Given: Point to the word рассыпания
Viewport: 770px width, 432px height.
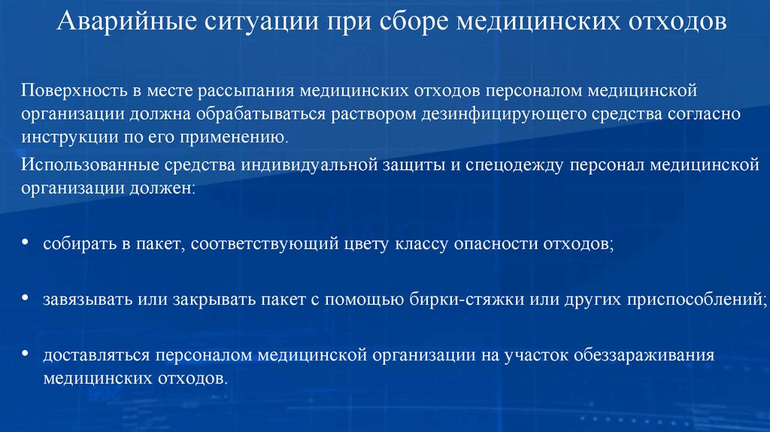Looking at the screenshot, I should point(246,91).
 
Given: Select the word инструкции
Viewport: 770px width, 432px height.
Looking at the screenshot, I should point(62,138).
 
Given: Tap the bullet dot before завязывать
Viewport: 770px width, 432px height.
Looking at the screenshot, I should point(26,299).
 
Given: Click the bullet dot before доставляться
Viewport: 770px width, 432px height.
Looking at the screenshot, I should point(26,353).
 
